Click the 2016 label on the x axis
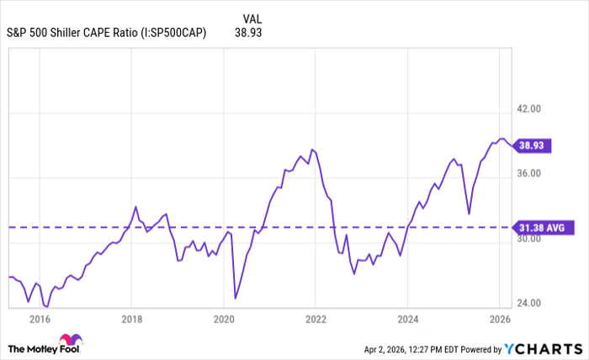point(39,320)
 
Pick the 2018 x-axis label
point(131,320)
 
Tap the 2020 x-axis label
point(223,320)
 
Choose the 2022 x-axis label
point(316,320)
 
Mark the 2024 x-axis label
point(407,320)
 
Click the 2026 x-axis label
point(500,320)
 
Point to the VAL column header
point(252,19)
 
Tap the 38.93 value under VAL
point(252,34)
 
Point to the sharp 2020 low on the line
point(235,299)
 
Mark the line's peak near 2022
point(311,150)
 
